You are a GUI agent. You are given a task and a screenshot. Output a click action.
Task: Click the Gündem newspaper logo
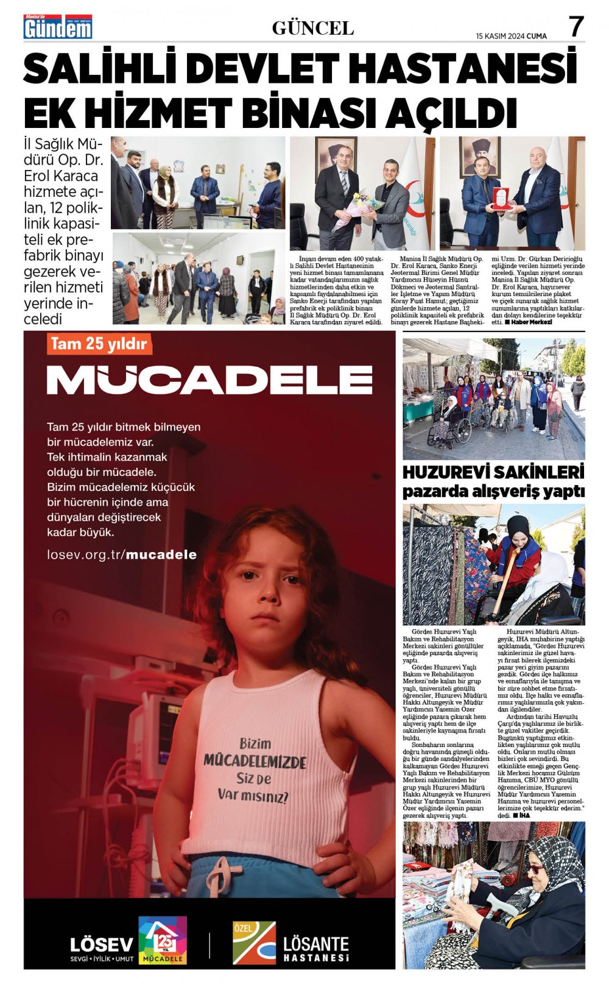click(x=58, y=27)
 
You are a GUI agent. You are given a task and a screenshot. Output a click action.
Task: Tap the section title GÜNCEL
click(x=312, y=28)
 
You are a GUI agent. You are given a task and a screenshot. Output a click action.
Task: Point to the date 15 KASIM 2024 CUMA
click(x=512, y=36)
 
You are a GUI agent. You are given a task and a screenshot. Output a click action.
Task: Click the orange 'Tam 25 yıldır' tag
click(x=99, y=344)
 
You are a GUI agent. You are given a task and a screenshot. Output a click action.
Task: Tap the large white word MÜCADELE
click(x=209, y=380)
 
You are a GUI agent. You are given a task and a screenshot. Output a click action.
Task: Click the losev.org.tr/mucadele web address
click(x=122, y=554)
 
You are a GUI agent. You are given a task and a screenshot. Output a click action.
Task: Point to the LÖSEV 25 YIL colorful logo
click(x=162, y=940)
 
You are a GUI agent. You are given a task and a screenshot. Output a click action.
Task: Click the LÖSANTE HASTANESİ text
click(x=315, y=949)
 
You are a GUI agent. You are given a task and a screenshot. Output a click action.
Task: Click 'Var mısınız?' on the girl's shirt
click(x=253, y=795)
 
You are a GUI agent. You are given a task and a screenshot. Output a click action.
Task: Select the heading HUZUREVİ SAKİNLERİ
click(x=493, y=472)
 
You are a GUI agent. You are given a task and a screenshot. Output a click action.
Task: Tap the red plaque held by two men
click(x=500, y=198)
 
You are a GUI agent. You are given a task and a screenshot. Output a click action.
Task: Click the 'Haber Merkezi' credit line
click(x=530, y=322)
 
